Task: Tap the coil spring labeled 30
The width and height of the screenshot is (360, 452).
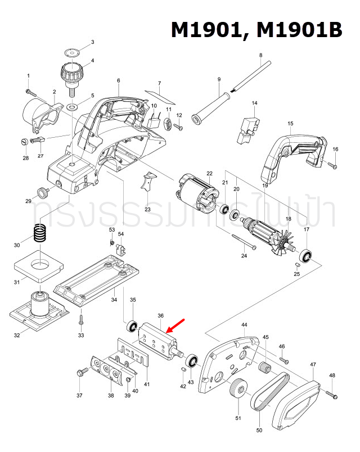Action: pos(39,233)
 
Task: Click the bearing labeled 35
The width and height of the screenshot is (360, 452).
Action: pos(133,326)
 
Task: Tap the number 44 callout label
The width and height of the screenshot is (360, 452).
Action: pos(244,325)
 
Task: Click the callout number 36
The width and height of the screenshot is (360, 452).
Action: pos(160,316)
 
